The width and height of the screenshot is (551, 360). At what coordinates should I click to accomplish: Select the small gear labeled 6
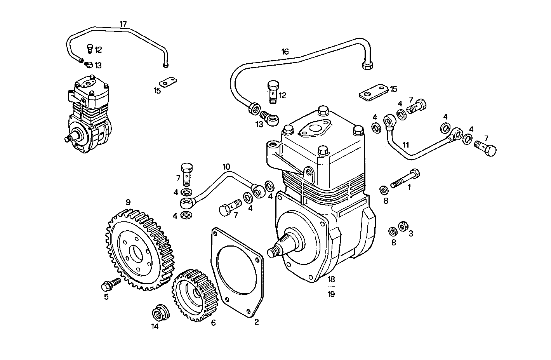click(x=193, y=295)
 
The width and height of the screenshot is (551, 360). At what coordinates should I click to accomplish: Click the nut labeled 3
click(x=403, y=226)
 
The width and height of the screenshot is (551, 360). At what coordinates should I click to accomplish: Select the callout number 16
click(x=285, y=52)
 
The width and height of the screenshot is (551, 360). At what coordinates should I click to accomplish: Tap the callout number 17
click(x=123, y=24)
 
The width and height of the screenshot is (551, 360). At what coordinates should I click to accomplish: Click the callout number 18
click(x=331, y=279)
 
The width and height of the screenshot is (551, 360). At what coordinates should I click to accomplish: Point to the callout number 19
click(x=331, y=294)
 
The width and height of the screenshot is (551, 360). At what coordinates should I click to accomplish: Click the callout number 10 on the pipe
click(x=226, y=167)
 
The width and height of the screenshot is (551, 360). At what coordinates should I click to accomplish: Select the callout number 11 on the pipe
click(x=406, y=145)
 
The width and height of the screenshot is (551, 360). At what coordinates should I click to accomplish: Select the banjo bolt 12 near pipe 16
click(x=273, y=91)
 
